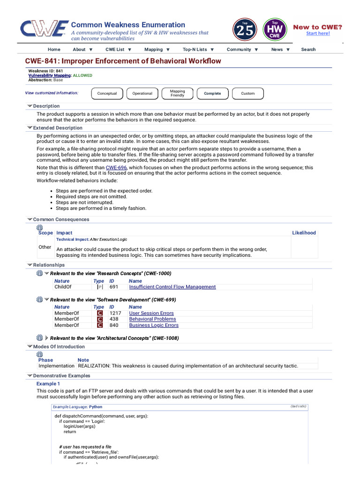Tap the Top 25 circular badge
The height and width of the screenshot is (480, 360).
pos(244,30)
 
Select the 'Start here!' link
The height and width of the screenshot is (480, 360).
pos(318,33)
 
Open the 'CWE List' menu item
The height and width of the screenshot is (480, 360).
pos(118,49)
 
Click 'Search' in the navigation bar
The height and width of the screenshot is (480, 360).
pos(308,49)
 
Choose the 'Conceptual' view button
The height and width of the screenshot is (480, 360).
pos(107,93)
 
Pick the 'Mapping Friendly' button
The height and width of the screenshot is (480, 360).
pos(177,93)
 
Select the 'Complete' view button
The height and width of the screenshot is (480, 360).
pos(212,93)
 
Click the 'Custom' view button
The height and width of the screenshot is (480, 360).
pos(247,93)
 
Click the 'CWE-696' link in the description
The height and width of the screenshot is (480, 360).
pos(116,167)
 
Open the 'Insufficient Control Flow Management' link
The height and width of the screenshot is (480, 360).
pos(172,287)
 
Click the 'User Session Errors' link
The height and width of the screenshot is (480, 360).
pos(151,313)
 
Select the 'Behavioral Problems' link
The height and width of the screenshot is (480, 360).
pos(152,319)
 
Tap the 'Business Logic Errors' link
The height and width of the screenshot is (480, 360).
pos(154,325)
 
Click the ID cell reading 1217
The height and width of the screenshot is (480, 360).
pos(115,313)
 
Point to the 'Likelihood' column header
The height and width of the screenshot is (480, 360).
pos(304,232)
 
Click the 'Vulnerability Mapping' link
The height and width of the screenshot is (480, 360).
pos(50,75)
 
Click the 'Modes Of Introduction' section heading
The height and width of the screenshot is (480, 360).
pos(59,347)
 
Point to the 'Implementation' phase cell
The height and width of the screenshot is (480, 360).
pos(56,366)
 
